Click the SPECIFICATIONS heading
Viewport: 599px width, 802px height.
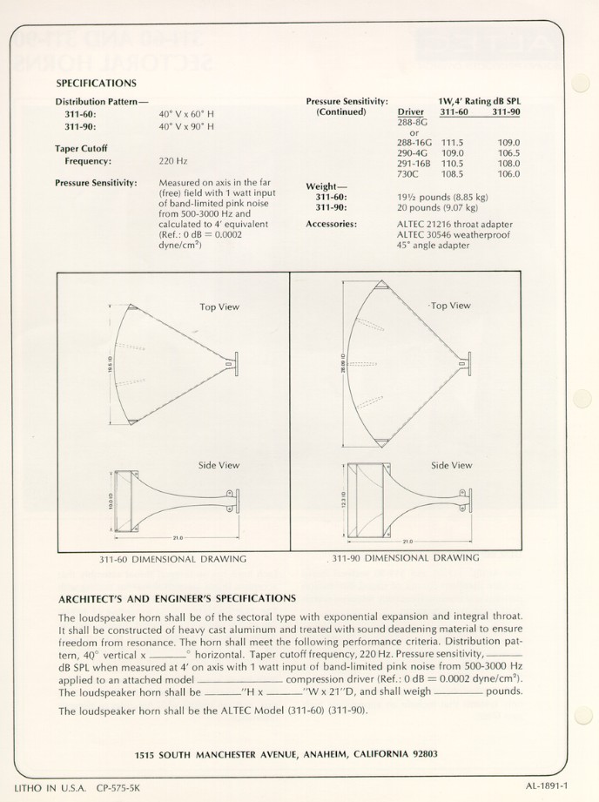pyautogui.click(x=96, y=84)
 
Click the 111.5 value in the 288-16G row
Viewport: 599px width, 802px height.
pyautogui.click(x=452, y=142)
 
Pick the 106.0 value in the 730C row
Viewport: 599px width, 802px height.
pyautogui.click(x=508, y=173)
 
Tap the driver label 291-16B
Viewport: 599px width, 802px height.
pyautogui.click(x=414, y=163)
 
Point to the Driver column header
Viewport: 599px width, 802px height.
pyautogui.click(x=410, y=112)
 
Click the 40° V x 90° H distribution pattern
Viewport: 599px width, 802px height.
pyautogui.click(x=185, y=126)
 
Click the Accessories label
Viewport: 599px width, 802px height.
pyautogui.click(x=332, y=224)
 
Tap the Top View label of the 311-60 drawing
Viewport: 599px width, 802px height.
pyautogui.click(x=219, y=307)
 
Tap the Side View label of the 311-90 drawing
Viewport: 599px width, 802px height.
pyautogui.click(x=451, y=466)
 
